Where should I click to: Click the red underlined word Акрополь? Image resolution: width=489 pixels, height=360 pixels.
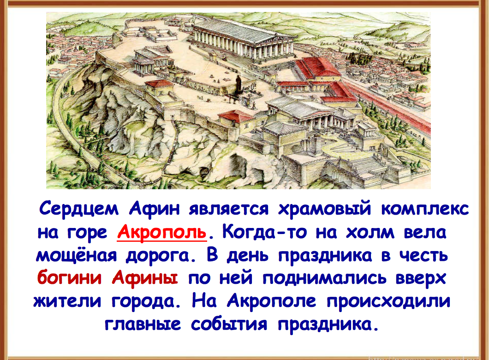click(162, 232)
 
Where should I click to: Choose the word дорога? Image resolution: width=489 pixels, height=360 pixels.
click(163, 255)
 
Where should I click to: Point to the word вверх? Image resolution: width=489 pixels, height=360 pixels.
click(420, 278)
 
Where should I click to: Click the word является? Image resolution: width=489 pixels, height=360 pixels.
click(228, 208)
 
